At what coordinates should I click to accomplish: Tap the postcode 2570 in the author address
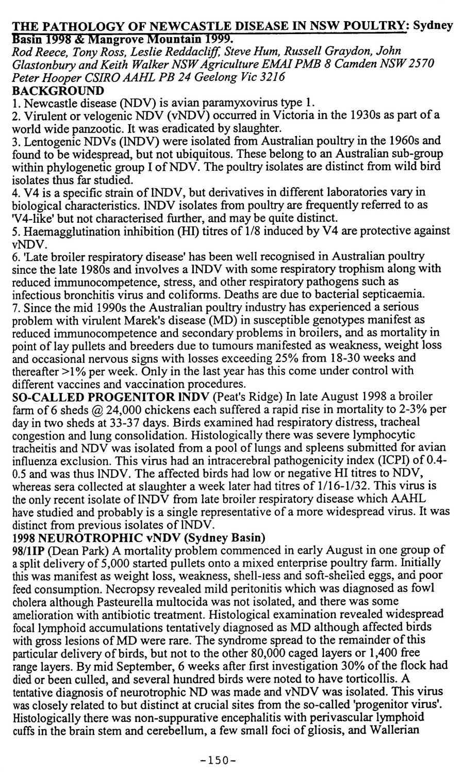click(x=420, y=63)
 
